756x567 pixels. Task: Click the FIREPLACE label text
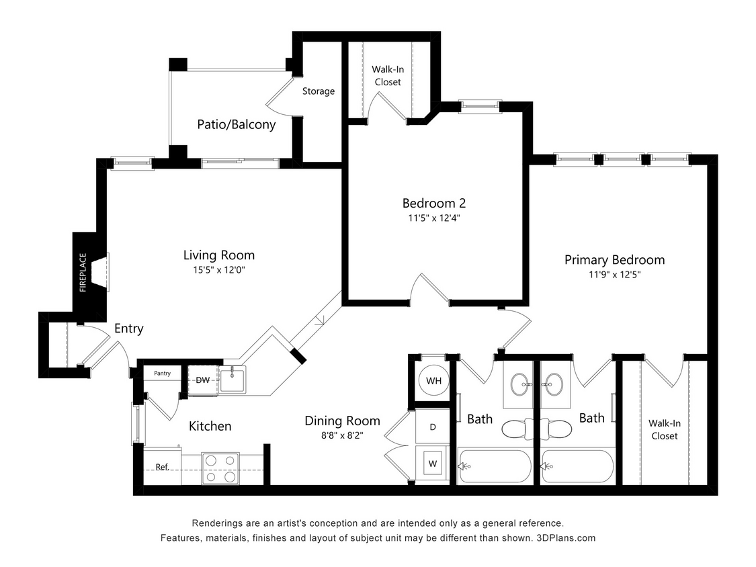(83, 272)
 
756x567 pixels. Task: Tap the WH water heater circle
(433, 381)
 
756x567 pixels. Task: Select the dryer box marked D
(432, 427)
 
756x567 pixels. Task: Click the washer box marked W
(432, 463)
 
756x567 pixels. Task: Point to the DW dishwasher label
(202, 380)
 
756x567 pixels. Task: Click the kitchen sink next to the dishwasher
(233, 380)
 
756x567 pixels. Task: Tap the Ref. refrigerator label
(162, 467)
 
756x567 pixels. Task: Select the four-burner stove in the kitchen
(221, 468)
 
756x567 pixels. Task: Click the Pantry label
(162, 374)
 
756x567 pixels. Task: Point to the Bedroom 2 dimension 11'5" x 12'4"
(433, 218)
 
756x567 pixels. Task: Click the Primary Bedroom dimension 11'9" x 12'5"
(614, 274)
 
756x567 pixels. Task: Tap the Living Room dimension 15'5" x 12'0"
(219, 269)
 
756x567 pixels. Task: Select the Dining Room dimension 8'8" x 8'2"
(342, 435)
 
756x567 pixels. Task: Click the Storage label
(318, 91)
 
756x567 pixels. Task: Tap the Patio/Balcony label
(236, 124)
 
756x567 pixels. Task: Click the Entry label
(128, 329)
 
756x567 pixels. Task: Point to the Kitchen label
(210, 426)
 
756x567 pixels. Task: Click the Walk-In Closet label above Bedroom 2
(387, 75)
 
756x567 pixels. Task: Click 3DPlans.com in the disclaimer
(566, 538)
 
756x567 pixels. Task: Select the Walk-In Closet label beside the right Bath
(664, 429)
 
